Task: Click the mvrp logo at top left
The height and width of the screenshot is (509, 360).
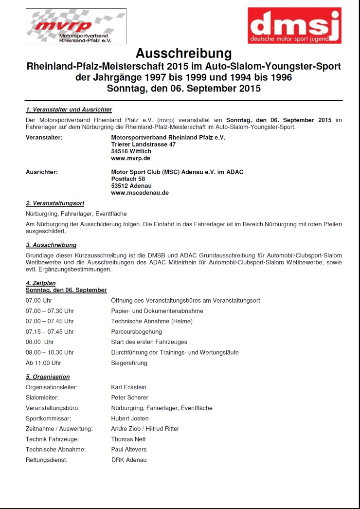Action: tap(76, 26)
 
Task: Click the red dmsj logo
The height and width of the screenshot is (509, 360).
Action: tap(294, 25)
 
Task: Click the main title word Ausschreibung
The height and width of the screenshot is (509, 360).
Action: tap(184, 53)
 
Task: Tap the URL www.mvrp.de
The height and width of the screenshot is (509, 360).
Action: tap(130, 158)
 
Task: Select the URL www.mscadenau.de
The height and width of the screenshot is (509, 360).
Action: tap(140, 193)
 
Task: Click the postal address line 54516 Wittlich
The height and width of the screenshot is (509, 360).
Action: tap(131, 151)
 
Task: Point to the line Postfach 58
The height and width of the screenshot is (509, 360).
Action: tap(128, 179)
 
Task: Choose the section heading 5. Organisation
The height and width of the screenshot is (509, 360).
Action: tap(48, 377)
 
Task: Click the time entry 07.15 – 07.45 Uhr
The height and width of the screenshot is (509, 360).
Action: tap(50, 332)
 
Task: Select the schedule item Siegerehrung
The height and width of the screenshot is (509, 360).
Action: tap(129, 363)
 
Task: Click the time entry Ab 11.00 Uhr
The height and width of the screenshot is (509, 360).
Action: tap(43, 363)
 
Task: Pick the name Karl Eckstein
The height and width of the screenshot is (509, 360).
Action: tap(128, 387)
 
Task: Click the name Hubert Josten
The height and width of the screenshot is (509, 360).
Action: tap(130, 418)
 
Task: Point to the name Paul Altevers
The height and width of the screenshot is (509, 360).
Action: tap(128, 450)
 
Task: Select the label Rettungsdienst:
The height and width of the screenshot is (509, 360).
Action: tap(47, 460)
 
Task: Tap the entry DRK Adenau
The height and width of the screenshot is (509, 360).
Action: tap(128, 460)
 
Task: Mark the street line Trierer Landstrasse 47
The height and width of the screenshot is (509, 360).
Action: tap(143, 145)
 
